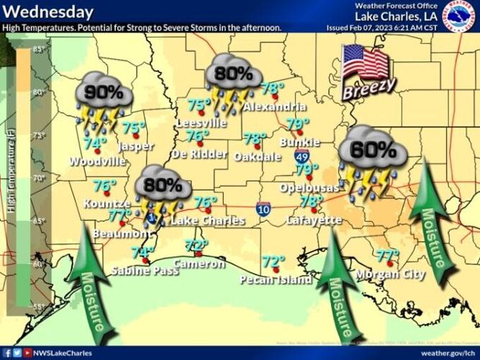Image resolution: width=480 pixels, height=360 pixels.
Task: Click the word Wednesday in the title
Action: [x=47, y=12]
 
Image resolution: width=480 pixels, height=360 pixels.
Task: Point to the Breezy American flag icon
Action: [x=368, y=70]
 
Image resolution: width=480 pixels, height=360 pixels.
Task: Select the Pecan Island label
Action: [x=276, y=279]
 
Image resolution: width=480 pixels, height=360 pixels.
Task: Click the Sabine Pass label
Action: [x=145, y=271]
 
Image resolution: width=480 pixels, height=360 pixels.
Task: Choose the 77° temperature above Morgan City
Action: [x=387, y=255]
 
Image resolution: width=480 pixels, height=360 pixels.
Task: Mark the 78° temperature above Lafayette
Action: [x=312, y=201]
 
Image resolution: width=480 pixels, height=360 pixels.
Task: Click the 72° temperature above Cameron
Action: [x=195, y=246]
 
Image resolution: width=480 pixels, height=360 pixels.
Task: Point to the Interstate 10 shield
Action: [x=263, y=210]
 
